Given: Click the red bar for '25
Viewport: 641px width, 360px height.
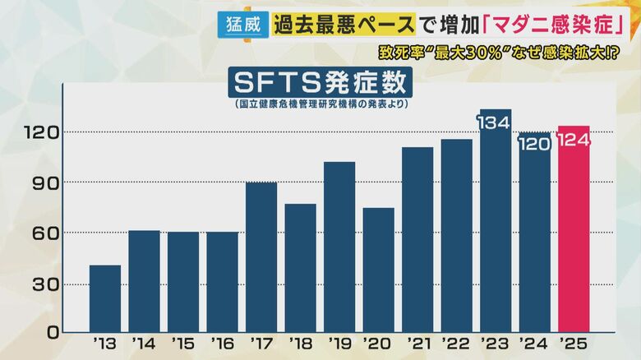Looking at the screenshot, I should pos(574,238).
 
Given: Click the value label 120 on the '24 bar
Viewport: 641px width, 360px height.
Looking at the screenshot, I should pos(534,143).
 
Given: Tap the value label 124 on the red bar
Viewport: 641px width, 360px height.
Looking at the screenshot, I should pos(574,140).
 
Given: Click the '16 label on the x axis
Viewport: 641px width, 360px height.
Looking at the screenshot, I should pos(222,343).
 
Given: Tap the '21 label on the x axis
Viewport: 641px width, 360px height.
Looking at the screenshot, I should pos(417,343).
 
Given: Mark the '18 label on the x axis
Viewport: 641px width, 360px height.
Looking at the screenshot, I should pos(300,343).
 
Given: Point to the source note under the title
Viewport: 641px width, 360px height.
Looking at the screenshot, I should pos(320,105).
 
